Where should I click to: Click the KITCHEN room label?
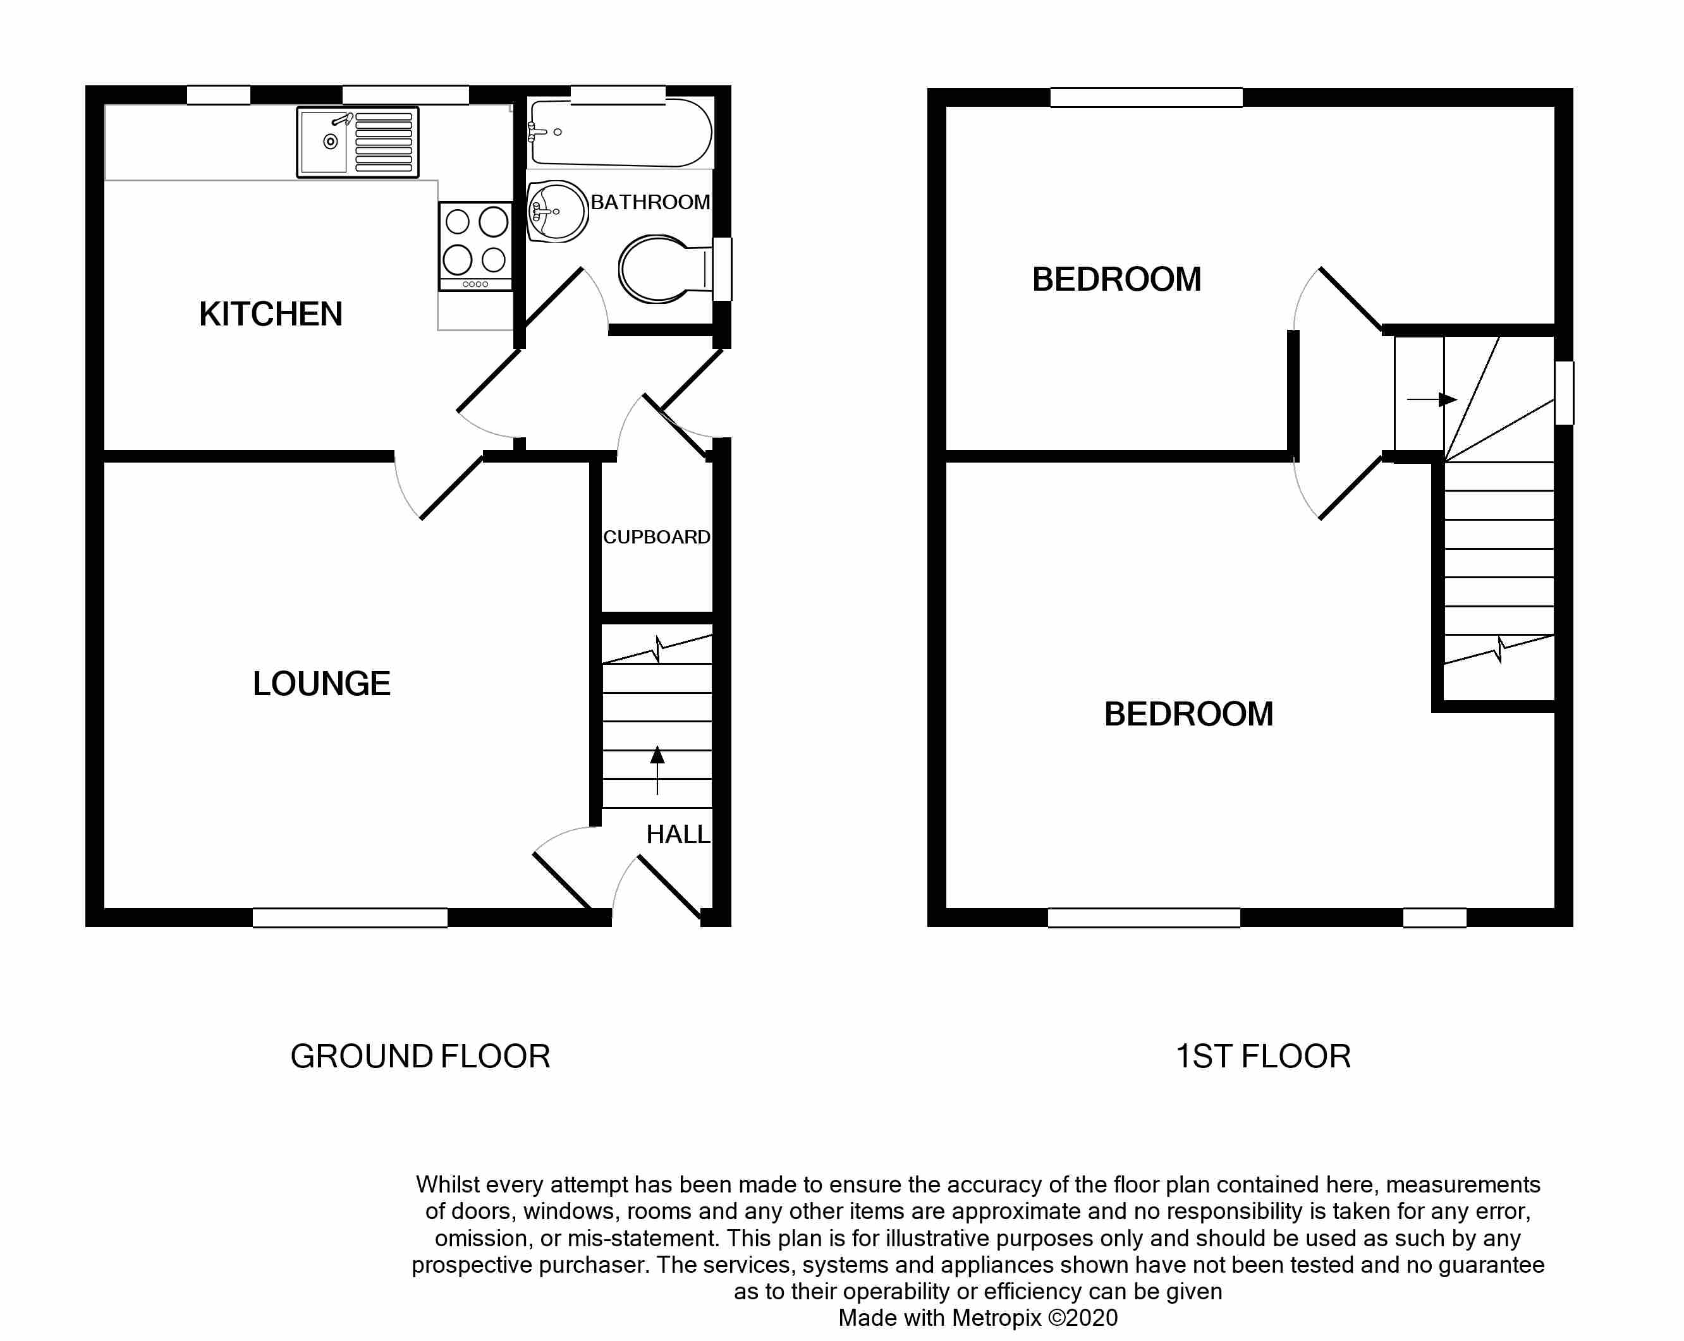coord(271,314)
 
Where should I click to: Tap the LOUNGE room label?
coord(321,683)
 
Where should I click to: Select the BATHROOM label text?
coord(650,202)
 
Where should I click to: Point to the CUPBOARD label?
coord(656,537)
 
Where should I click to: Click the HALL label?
coord(677,834)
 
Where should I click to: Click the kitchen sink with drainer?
coord(358,142)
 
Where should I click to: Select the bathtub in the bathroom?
coord(620,133)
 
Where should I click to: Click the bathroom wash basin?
coord(557,211)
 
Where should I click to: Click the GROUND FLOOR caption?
coord(420,1057)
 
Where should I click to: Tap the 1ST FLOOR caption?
coord(1263,1057)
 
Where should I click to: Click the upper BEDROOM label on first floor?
coord(1116,279)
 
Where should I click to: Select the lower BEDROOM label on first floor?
coord(1188,714)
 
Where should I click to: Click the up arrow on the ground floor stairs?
coord(657,769)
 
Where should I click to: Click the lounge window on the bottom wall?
coord(350,918)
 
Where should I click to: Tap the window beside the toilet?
coord(723,269)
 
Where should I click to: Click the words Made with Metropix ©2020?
coord(978,1318)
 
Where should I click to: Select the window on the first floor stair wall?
coord(1564,393)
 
